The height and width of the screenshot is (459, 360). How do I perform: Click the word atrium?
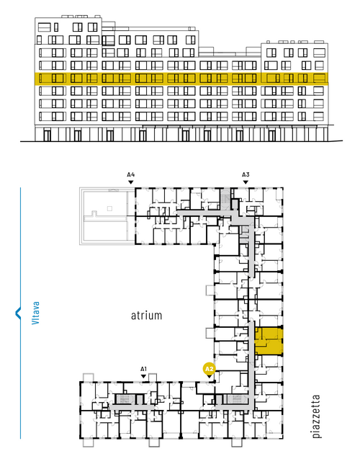(x=146, y=316)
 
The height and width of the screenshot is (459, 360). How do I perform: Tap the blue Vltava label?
(x=35, y=313)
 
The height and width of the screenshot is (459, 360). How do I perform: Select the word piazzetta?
(x=316, y=416)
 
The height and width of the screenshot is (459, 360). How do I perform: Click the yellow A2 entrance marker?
(x=209, y=369)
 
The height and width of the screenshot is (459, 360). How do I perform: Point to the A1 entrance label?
(x=143, y=369)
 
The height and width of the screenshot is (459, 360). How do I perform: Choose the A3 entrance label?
(x=246, y=175)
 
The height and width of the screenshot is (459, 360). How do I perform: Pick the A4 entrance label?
(x=131, y=175)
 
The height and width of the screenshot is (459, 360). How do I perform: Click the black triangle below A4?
(x=131, y=182)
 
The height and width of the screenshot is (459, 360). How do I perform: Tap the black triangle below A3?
(x=246, y=182)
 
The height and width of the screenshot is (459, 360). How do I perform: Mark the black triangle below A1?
(x=143, y=376)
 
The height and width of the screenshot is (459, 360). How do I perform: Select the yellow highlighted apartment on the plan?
(x=269, y=342)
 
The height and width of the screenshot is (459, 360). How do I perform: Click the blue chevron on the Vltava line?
(x=17, y=313)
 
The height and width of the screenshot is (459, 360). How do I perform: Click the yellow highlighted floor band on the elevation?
(x=181, y=79)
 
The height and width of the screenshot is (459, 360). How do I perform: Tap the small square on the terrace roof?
(x=109, y=208)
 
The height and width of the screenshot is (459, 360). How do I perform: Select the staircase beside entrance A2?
(x=235, y=399)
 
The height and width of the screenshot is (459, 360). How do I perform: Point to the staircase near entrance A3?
(x=225, y=198)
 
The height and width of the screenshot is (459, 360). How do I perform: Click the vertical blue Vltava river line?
(x=20, y=313)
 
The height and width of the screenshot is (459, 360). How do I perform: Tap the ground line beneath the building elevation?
(x=181, y=141)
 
